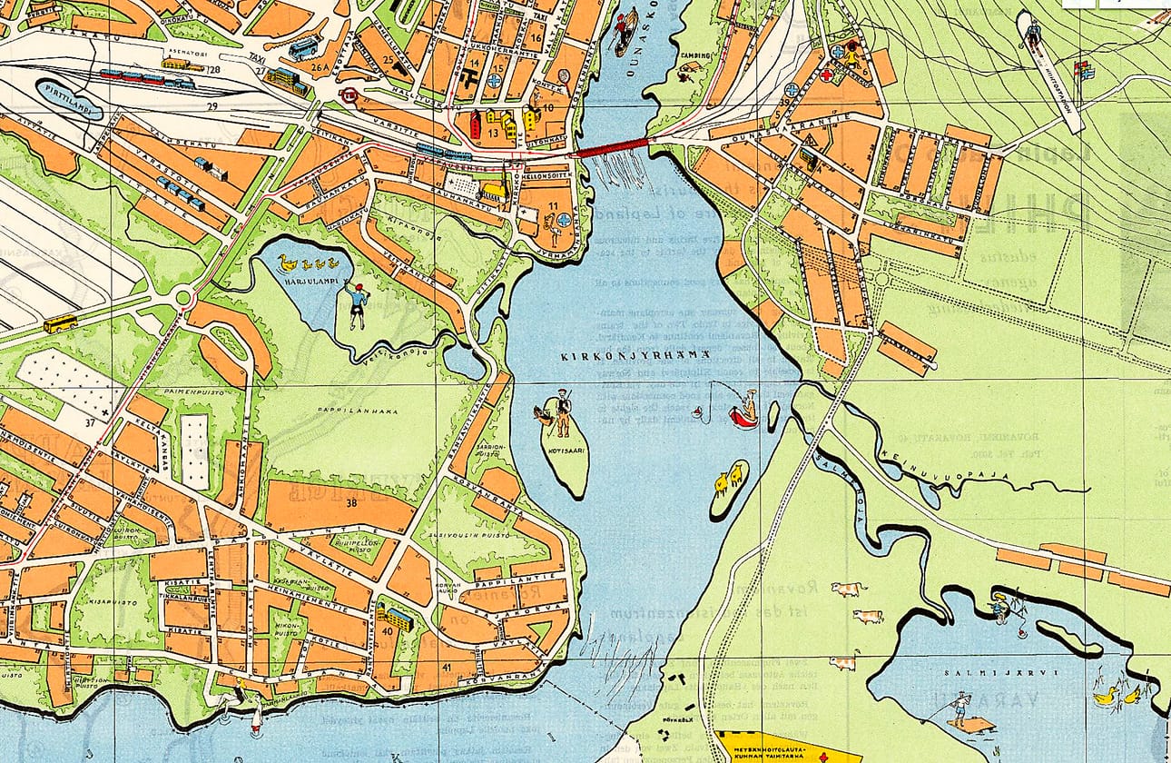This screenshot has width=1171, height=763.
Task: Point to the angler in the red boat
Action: point(745,410)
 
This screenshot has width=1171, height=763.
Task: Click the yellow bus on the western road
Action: point(60,323)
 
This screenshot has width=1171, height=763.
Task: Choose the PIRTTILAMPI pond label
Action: point(69,96)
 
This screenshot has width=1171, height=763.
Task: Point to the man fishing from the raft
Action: point(959,708)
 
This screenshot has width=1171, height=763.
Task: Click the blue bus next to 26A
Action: point(302,49)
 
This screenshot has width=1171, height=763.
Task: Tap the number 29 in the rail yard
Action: point(212,107)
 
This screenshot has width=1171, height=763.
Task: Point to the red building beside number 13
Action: point(474,125)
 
